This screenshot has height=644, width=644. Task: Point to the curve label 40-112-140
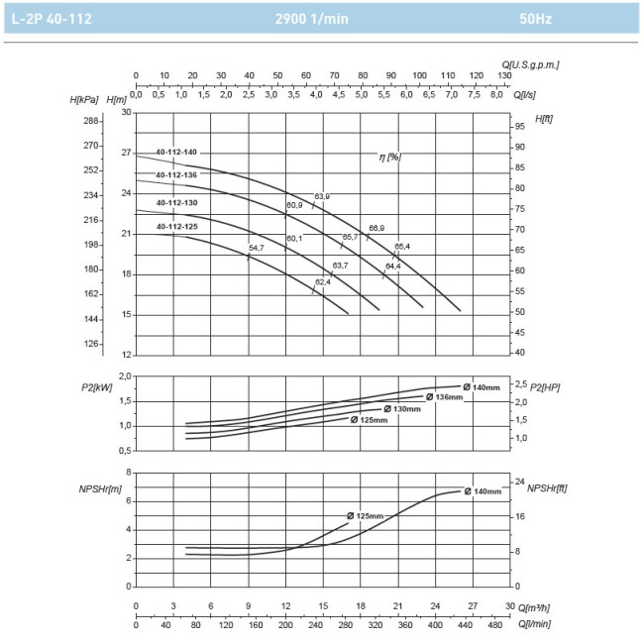[176, 152]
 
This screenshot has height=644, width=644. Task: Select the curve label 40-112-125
[176, 227]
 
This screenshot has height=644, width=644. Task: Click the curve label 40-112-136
[176, 175]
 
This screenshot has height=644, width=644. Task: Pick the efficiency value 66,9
[376, 228]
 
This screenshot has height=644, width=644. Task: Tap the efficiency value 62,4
[323, 282]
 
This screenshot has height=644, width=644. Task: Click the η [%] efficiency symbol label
[389, 157]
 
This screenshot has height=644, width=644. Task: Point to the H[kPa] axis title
[85, 100]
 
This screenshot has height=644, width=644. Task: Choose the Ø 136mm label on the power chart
[444, 397]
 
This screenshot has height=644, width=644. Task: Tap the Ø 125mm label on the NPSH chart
[365, 516]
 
